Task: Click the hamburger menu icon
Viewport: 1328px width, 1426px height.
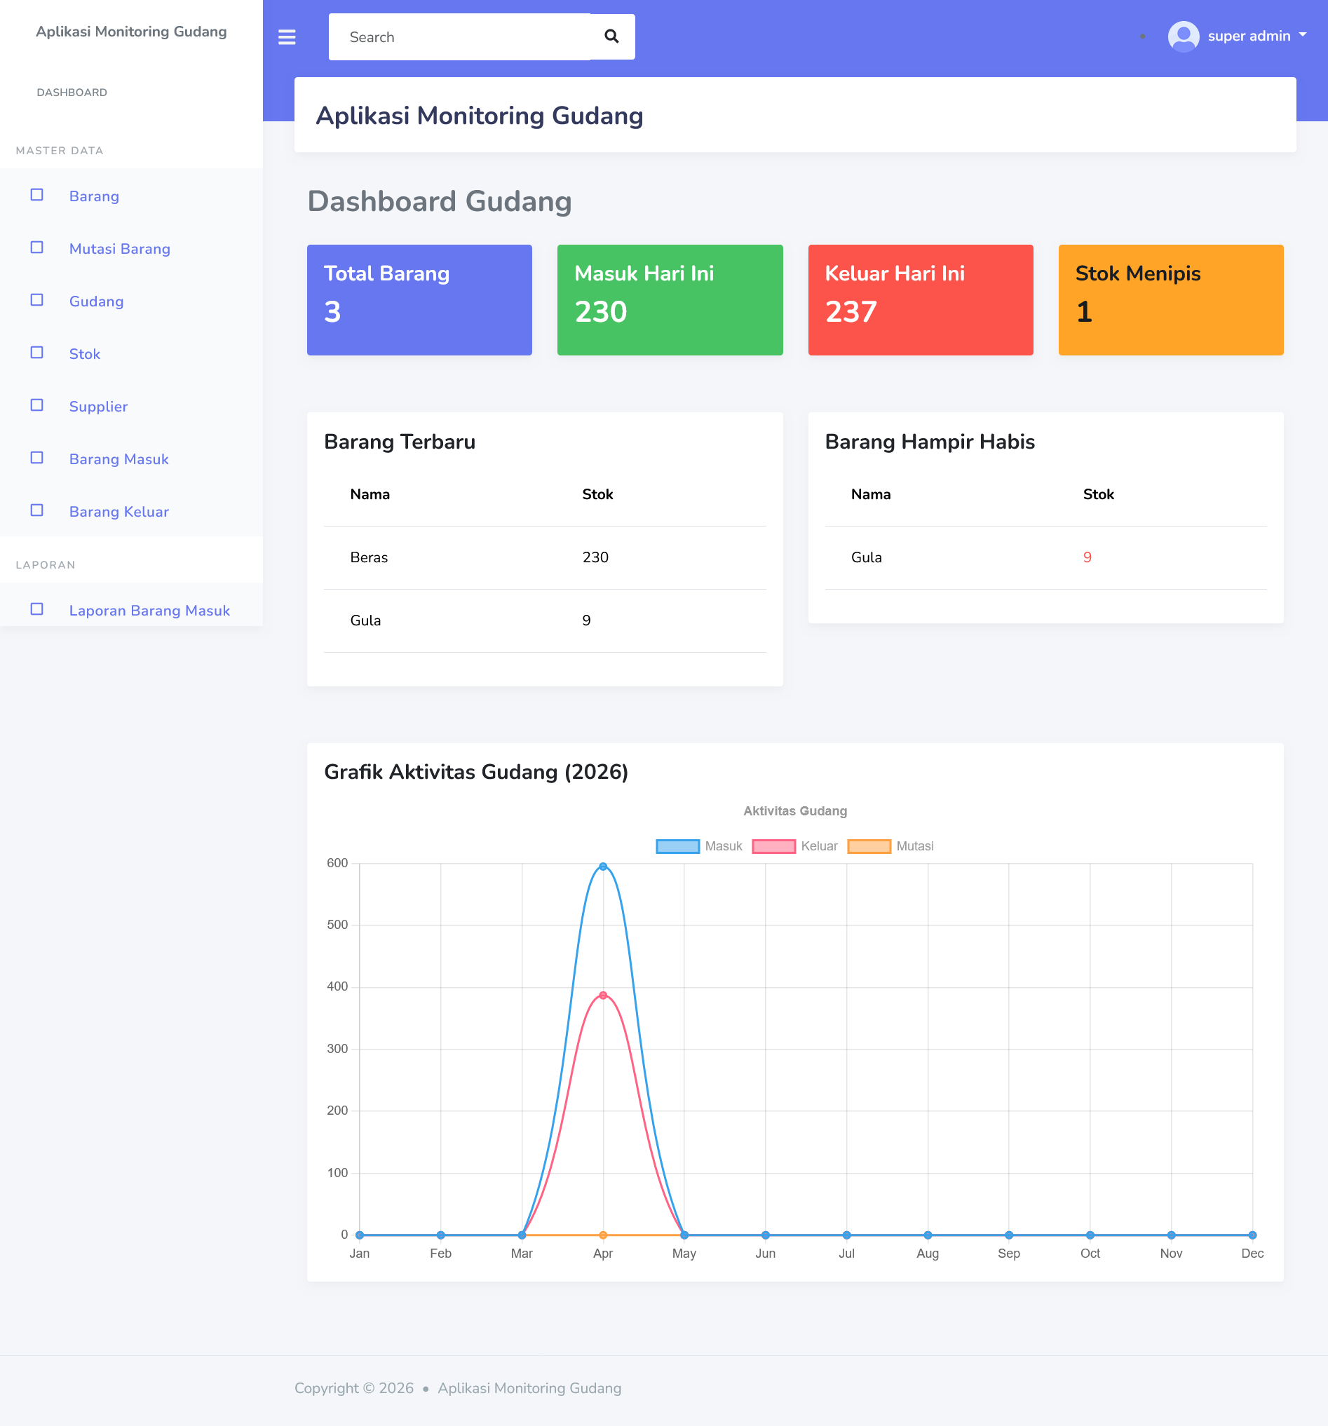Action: point(287,36)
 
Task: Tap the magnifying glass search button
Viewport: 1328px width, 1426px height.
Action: point(611,36)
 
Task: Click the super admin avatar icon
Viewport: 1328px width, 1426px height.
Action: point(1183,36)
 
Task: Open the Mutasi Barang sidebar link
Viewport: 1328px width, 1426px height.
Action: point(119,249)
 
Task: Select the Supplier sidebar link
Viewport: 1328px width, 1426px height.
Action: point(98,407)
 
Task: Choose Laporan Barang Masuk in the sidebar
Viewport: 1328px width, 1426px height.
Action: point(149,611)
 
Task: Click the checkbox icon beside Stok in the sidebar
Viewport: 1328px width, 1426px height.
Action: point(37,353)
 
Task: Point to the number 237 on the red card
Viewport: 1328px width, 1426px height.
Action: point(851,312)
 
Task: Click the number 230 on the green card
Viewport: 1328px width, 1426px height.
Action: point(600,312)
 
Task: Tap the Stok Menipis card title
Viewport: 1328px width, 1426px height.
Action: point(1138,273)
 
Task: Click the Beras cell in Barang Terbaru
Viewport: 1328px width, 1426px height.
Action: point(369,557)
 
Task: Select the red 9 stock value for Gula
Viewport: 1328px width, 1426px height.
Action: point(1087,557)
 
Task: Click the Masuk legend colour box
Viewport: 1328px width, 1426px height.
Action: point(677,846)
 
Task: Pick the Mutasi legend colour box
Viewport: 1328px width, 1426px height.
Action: point(869,846)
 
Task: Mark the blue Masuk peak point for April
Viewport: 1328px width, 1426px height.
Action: point(603,867)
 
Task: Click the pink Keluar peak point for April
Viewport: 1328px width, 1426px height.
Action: point(603,996)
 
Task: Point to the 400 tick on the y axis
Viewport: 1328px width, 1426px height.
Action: point(337,986)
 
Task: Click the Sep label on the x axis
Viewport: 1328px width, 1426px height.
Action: point(1009,1253)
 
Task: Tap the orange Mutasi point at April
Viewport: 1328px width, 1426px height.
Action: point(603,1235)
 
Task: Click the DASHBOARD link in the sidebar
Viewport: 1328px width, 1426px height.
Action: point(72,93)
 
